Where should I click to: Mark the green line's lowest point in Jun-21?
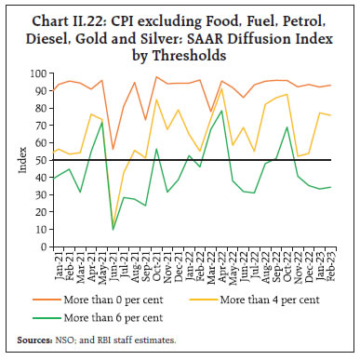pos(113,230)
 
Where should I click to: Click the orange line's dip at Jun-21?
pos(113,149)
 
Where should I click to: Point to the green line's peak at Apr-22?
pos(221,110)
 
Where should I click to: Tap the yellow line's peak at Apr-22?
pos(221,89)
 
